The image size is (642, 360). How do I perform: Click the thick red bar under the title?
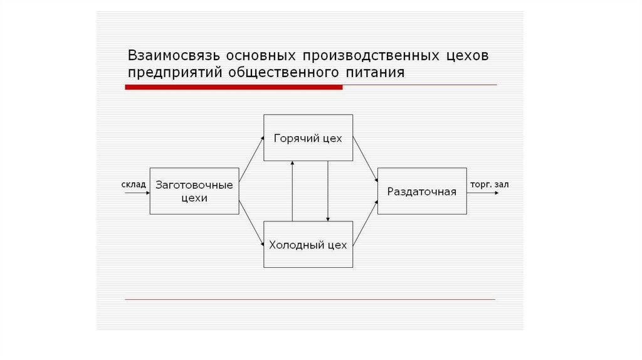pos(233,87)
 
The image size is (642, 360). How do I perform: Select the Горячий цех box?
pos(308,138)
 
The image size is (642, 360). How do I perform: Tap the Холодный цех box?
pos(308,245)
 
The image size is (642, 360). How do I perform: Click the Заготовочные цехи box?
pos(194,191)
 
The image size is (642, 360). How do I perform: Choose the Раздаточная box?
pos(421,191)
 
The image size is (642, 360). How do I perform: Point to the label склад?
pos(133,184)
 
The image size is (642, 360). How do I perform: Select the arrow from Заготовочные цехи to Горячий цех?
pos(251,160)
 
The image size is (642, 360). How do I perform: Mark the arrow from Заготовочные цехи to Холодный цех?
pos(251,223)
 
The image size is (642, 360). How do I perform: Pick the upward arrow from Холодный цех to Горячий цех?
pos(292,191)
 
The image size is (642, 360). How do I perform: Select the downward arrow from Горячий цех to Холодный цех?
pos(328,191)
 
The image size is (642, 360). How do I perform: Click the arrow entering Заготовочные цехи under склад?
pos(137,193)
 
